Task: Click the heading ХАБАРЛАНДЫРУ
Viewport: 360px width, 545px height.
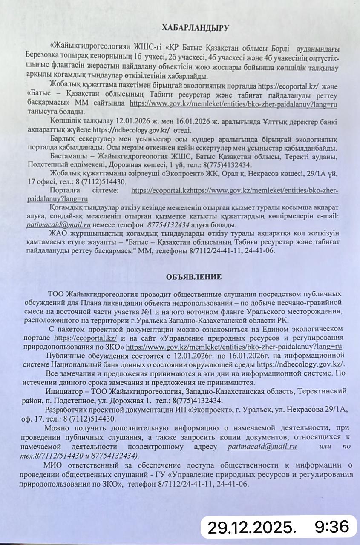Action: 195,28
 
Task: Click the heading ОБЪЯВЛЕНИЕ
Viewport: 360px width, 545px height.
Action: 194,277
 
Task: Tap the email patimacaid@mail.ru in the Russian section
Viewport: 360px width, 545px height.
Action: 262,447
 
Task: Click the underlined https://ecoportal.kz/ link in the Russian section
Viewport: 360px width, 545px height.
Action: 86,338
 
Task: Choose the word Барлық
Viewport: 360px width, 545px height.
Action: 64,139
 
